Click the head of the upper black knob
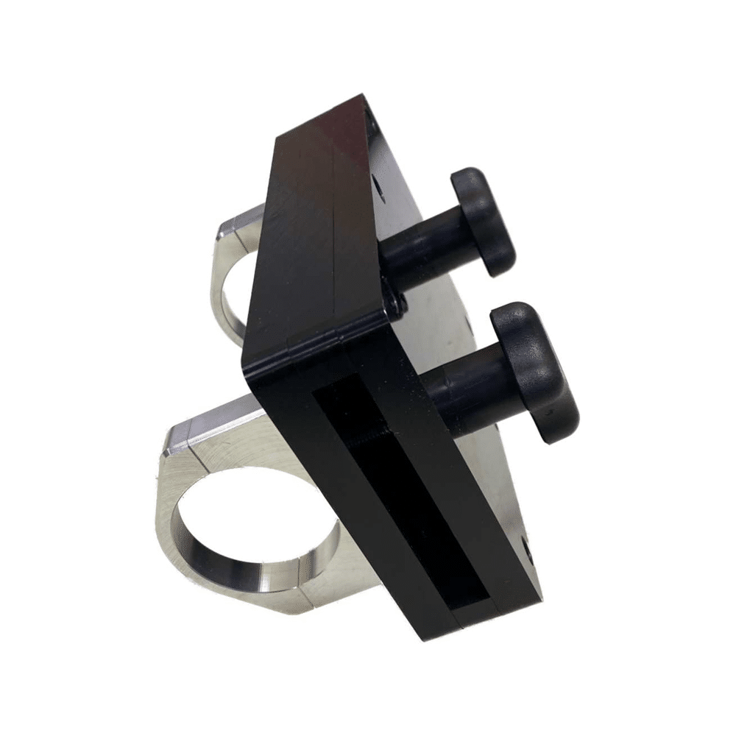[483, 221]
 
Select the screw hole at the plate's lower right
[528, 548]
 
